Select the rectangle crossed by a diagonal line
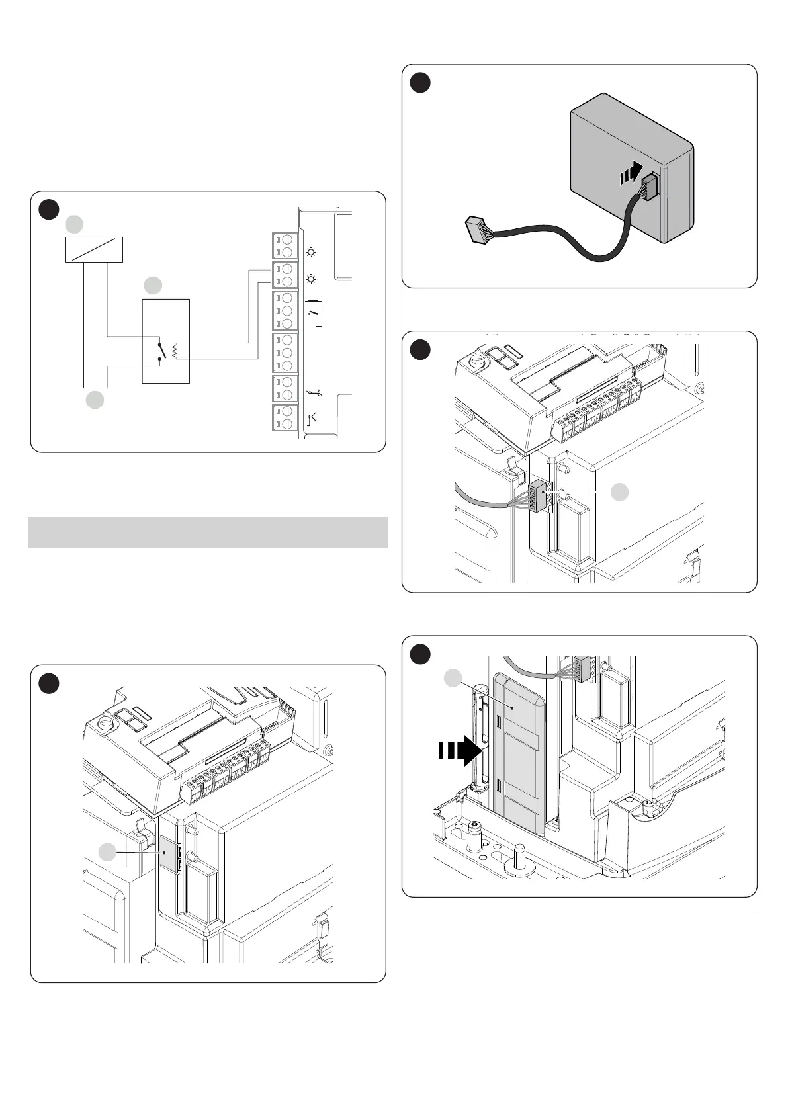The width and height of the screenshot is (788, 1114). (93, 249)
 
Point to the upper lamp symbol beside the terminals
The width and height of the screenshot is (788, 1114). (311, 252)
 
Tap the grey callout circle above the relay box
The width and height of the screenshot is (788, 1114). (153, 285)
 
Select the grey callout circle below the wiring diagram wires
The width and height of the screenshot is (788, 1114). (95, 400)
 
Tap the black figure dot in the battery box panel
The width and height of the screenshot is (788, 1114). (420, 83)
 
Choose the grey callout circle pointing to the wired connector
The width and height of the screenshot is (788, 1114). (619, 492)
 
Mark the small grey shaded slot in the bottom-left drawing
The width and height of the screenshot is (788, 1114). (168, 855)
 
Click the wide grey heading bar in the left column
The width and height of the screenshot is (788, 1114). (208, 532)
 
